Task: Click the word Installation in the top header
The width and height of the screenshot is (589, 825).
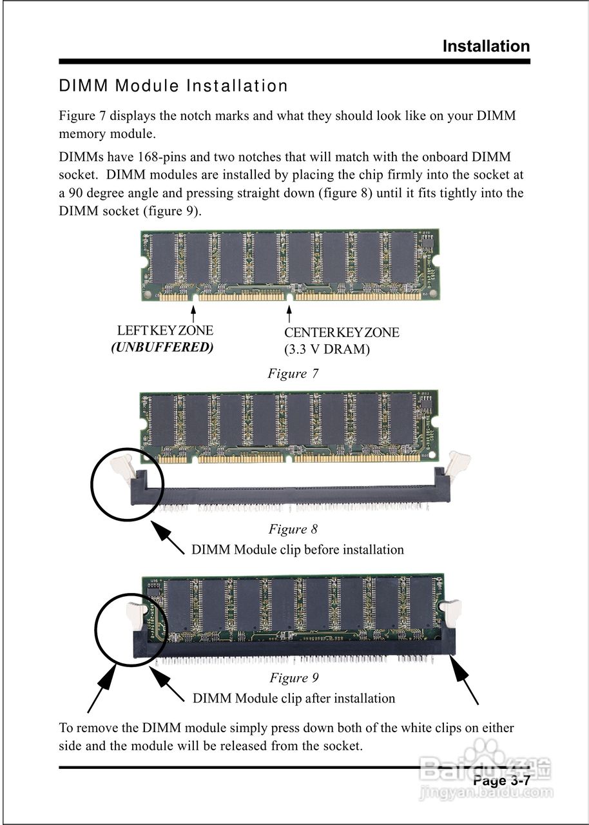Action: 486,46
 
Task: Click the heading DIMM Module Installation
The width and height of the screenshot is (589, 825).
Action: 173,86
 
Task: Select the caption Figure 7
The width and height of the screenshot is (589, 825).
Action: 293,374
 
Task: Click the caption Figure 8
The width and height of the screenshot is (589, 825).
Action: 293,529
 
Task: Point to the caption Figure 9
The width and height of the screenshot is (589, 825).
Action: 294,677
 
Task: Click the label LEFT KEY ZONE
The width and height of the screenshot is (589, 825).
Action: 165,331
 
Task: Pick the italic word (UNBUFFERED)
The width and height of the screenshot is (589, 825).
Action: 162,347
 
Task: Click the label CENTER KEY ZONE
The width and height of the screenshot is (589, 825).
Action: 342,333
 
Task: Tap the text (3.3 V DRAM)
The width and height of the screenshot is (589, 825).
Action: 327,350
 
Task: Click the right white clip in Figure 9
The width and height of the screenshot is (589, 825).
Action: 451,613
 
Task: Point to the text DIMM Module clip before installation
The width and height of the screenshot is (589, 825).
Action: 297,550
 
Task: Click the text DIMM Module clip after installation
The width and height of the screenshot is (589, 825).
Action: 294,698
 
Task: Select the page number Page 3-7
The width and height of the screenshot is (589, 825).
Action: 501,781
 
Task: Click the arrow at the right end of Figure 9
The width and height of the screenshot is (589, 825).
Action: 465,683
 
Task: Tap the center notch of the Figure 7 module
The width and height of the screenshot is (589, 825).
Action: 289,297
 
